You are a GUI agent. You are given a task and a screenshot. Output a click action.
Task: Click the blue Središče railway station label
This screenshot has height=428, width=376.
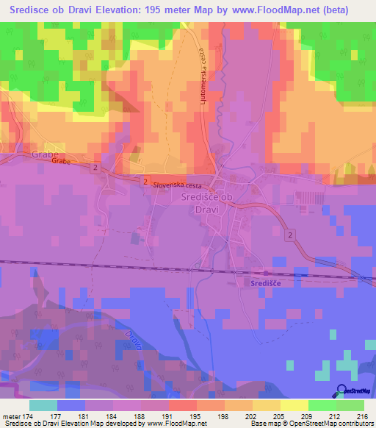tap(265, 282)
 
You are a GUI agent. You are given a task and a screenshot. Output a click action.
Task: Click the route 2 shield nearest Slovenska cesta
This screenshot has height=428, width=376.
tap(145, 181)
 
